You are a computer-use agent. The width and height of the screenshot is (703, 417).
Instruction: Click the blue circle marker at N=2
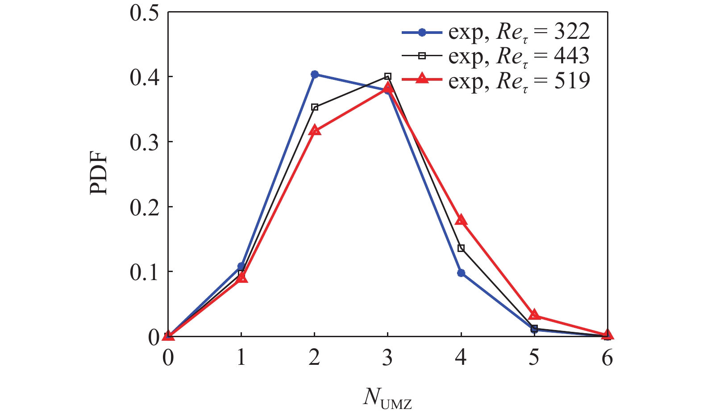[x=315, y=74]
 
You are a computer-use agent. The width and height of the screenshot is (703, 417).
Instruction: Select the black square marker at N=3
[x=388, y=76]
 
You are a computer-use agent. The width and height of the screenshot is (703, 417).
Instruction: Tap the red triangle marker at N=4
[x=461, y=220]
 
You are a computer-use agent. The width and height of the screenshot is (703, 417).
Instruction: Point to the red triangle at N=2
[x=315, y=131]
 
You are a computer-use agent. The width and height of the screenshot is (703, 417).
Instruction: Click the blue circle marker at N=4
[x=461, y=273]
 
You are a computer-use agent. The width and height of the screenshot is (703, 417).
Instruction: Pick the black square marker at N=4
[x=461, y=248]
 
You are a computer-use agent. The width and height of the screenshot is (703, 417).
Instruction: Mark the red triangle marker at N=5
[x=534, y=315]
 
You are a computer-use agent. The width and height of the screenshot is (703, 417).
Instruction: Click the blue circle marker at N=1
[x=241, y=266]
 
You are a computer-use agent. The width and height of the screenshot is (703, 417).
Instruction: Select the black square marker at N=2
[x=315, y=107]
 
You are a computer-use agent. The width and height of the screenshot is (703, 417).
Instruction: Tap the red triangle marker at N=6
[x=607, y=335]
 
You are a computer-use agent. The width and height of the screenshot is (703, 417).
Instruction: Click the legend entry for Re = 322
[x=495, y=32]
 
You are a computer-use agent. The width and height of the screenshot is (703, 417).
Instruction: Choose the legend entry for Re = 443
[x=495, y=57]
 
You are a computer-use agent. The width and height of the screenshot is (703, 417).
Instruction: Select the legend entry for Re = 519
[x=495, y=81]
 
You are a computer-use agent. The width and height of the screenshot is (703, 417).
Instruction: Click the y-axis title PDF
[x=99, y=173]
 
